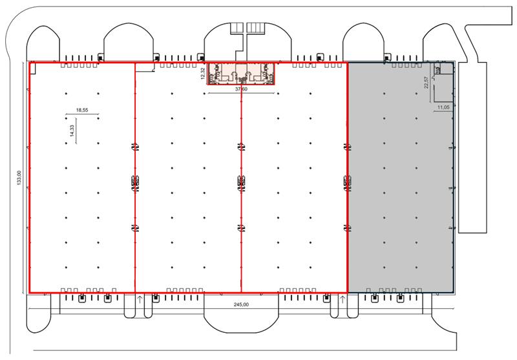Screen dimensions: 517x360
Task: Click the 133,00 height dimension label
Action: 19,177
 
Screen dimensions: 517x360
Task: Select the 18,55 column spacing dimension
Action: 82,111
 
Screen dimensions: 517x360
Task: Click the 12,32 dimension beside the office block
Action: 202,74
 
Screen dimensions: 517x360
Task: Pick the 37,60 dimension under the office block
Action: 241,90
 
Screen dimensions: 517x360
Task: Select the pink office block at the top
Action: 241,74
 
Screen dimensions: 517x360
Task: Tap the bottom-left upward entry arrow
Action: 140,299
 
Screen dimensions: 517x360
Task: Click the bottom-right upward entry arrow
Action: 342,299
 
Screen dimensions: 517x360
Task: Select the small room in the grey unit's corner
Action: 439,69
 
